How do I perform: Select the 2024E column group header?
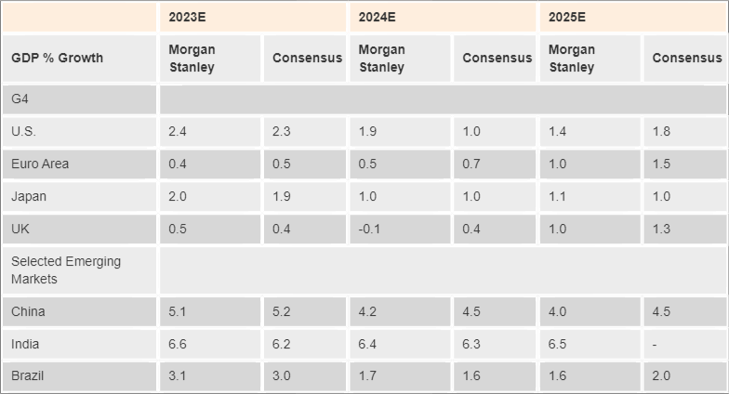pos(377,17)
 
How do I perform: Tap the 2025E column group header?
pos(567,17)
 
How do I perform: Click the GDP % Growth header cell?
pos(57,58)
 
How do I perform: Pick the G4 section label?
pos(20,98)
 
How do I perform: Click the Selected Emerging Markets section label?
pos(66,270)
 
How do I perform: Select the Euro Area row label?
pos(40,164)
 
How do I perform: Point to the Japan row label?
pos(29,196)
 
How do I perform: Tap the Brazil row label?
pos(28,376)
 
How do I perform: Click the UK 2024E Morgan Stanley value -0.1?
pos(370,230)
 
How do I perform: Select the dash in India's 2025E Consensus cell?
pos(655,345)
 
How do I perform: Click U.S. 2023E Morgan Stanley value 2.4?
pos(178,132)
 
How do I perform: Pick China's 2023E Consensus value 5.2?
pos(282,312)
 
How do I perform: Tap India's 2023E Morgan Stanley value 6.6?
pos(178,345)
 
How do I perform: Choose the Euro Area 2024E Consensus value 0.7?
pos(471,164)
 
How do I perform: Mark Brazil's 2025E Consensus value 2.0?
pos(661,376)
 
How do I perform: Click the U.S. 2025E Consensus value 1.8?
pos(661,132)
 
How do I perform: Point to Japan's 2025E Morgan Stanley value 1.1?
pos(557,197)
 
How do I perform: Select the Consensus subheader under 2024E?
pos(497,58)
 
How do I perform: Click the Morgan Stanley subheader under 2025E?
pos(572,58)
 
